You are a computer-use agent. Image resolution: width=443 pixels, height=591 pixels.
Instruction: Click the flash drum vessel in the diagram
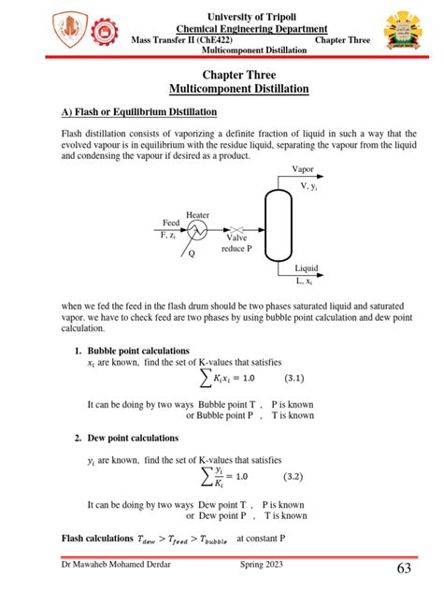coord(279,225)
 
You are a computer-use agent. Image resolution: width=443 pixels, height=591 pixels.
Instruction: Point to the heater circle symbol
coord(197,229)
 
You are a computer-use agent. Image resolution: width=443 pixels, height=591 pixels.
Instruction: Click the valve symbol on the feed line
coord(236,229)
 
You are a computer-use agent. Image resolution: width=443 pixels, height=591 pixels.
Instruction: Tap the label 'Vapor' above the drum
coord(303,170)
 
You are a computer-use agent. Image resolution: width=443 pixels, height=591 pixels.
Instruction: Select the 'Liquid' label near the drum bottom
coord(306,268)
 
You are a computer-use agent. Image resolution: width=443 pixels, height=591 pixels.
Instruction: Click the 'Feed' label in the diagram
coord(170,223)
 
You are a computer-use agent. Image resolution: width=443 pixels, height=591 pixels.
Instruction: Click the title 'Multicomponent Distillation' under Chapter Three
coord(238,88)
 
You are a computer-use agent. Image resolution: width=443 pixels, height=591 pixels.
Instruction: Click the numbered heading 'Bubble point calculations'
coord(138,351)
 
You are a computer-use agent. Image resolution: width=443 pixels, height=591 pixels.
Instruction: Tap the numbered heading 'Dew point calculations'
coord(134,438)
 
